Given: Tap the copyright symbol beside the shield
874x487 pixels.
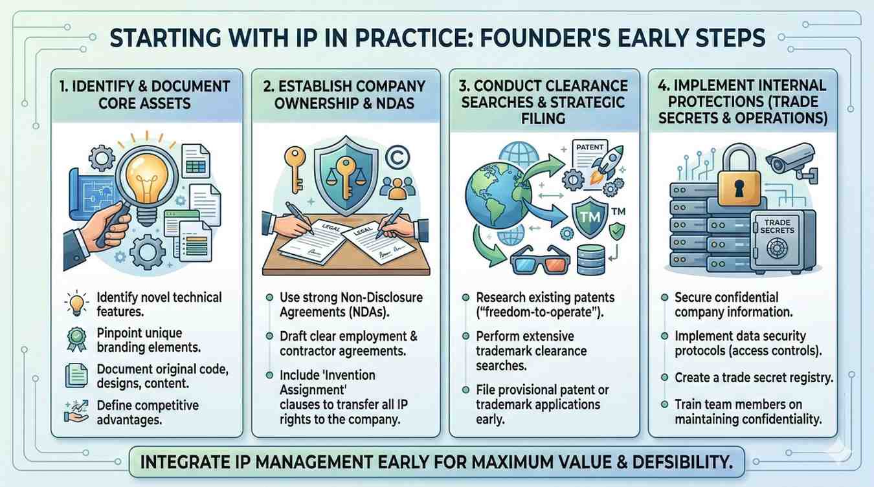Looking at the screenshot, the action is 398,157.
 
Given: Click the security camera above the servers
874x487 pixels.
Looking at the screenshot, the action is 791,162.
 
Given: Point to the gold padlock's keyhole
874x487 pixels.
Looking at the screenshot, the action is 739,188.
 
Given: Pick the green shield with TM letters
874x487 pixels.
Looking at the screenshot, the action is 590,217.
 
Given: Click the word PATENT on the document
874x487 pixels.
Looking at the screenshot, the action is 590,147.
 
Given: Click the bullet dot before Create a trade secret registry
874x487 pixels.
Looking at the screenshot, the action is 664,378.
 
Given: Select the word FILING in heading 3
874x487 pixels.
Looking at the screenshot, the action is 544,118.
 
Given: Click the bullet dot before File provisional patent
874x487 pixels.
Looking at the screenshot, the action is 465,390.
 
